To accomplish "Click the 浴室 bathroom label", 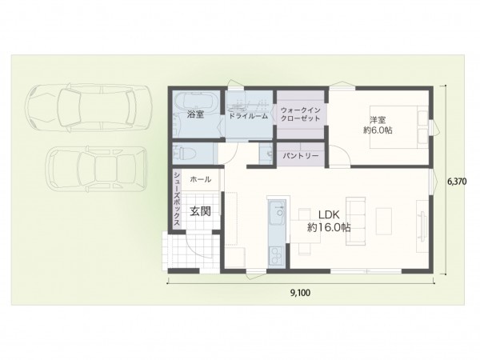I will pos(195,114).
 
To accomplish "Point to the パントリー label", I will pos(301,155).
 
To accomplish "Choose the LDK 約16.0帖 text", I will pos(329,221).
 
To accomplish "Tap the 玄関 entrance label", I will pos(200,211).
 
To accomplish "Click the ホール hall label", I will pos(201,180).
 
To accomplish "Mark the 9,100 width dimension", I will pos(301,293).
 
